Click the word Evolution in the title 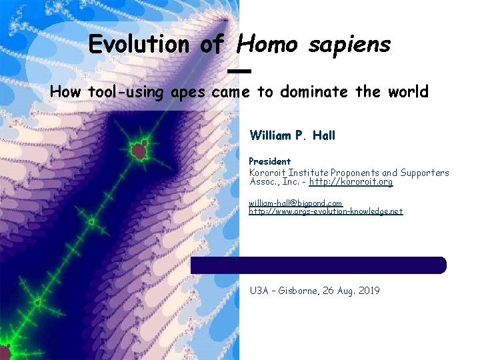[139, 45]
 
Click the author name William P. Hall [292, 135]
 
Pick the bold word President [269, 161]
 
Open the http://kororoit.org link [351, 182]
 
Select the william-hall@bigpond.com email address [295, 203]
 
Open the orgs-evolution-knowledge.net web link [325, 211]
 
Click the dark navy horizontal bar [319, 265]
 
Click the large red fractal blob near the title [139, 150]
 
